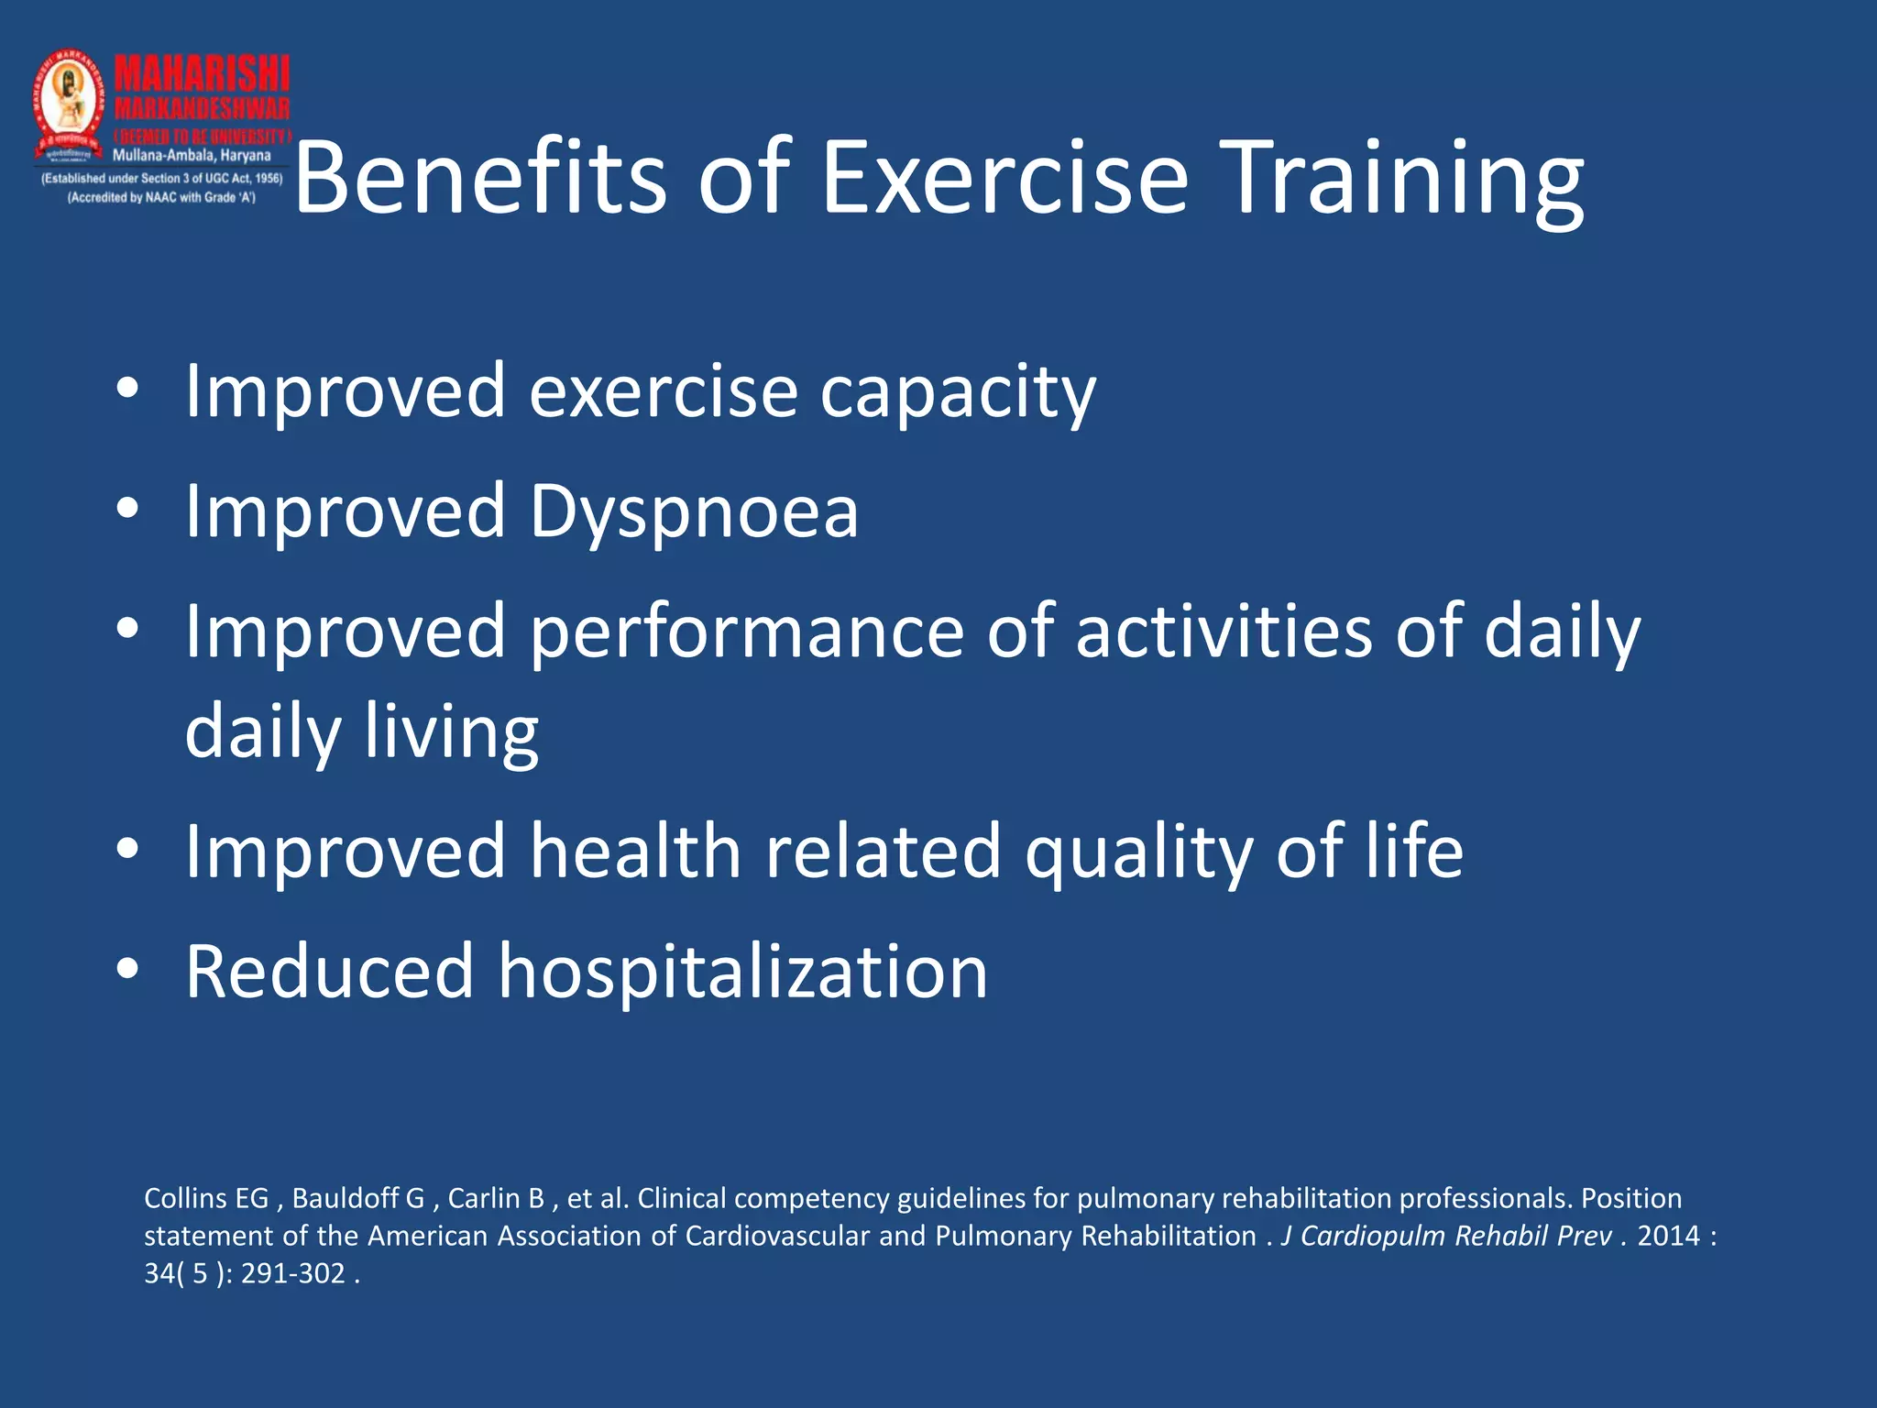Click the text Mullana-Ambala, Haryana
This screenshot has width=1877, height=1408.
point(192,156)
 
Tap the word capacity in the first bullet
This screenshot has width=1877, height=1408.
point(957,392)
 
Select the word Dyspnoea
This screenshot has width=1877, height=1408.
point(694,511)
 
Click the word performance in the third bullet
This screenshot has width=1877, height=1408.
point(746,632)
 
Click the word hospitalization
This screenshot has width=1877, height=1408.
point(742,972)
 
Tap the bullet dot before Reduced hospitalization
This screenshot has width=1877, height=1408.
point(127,969)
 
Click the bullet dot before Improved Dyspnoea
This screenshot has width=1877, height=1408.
point(127,509)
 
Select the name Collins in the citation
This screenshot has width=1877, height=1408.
point(185,1198)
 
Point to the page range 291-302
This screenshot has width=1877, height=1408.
point(292,1273)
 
